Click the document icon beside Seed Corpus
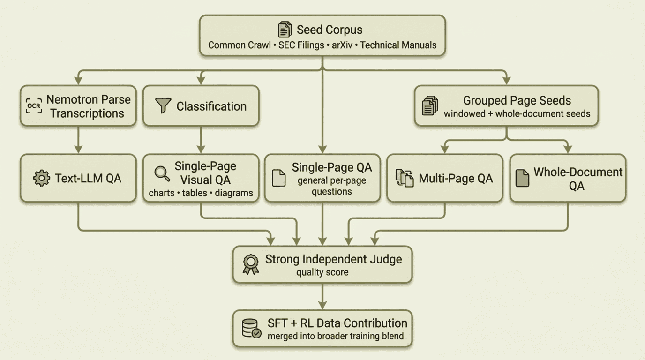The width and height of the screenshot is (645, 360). [285, 30]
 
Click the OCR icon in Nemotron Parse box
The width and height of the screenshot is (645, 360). [34, 106]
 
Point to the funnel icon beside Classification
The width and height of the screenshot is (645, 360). [163, 106]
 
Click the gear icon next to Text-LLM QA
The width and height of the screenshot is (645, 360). [42, 178]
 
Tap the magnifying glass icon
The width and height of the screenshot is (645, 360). [162, 174]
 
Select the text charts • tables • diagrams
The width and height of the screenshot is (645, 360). [201, 193]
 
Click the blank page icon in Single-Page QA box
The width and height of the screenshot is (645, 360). [279, 178]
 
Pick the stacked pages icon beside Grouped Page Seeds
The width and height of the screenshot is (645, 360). [430, 106]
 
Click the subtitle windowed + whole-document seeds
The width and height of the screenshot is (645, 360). [517, 113]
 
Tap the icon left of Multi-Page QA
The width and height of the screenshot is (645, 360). [405, 178]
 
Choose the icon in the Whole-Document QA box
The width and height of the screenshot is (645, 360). [522, 178]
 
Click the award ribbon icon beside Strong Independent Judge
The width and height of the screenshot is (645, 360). [251, 264]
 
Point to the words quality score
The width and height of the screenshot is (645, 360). [322, 272]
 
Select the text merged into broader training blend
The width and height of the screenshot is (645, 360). [336, 336]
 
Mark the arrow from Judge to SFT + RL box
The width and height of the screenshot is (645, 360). [322, 296]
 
